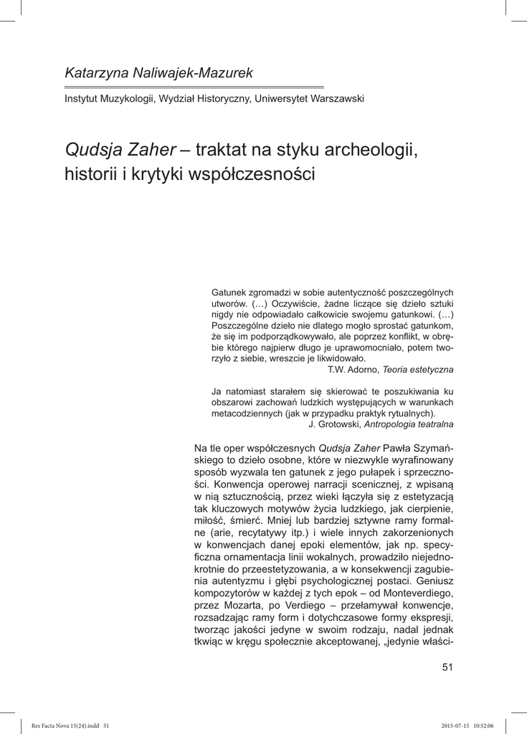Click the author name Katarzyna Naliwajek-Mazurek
click(x=158, y=72)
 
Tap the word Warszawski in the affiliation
click(x=338, y=98)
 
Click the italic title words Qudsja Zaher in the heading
click(x=120, y=150)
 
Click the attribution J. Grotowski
click(x=335, y=424)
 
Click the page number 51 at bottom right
click(x=447, y=668)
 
